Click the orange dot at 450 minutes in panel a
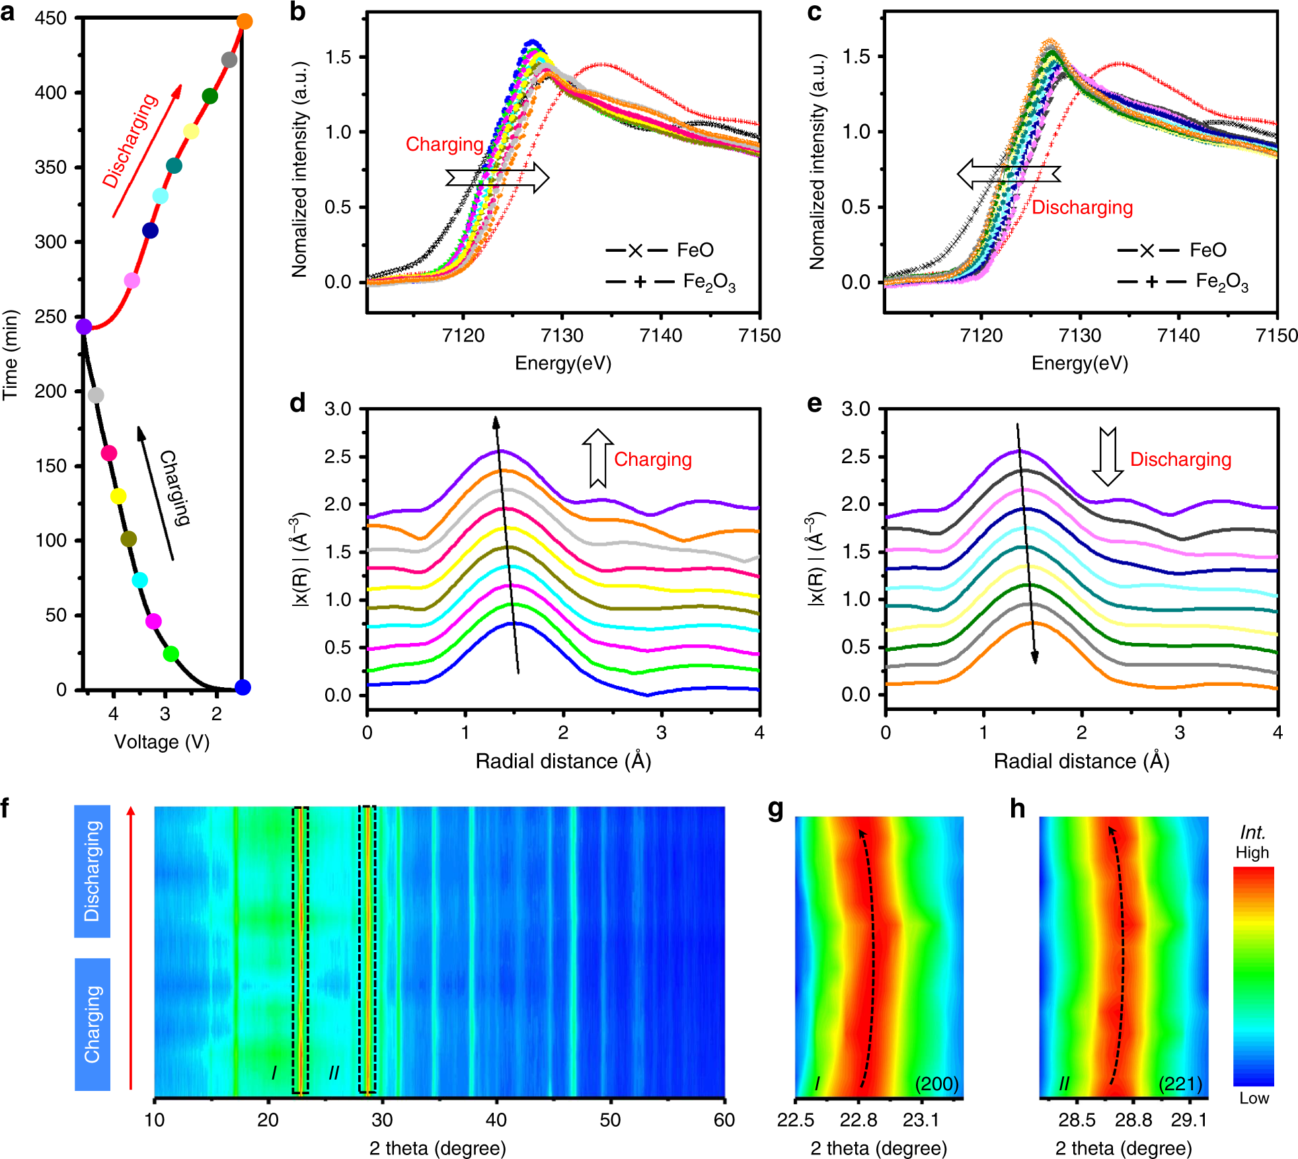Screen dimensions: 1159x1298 pos(245,22)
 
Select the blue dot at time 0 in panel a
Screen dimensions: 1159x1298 pos(243,687)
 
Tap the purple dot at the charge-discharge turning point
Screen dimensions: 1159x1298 pos(84,326)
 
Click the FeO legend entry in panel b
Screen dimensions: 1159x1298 pos(661,250)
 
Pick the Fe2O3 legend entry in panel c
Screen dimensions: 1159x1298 pos(1183,282)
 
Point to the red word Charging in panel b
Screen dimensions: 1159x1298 pos(444,144)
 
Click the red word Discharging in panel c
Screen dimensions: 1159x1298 pos(1082,207)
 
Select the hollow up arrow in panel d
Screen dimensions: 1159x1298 pos(597,458)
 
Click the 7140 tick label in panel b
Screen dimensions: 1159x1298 pos(661,336)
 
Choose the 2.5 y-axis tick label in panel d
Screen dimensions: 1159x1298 pos(338,457)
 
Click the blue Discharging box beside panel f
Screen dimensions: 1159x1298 pos(92,871)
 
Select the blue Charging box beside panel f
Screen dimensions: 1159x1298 pos(92,1024)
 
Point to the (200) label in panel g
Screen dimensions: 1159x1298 pos(936,1084)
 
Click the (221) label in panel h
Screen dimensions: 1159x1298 pos(1180,1084)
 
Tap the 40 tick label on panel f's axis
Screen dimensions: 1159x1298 pos(496,1120)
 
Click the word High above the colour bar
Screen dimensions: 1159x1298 pos(1252,852)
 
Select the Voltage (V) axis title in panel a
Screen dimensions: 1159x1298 pos(162,742)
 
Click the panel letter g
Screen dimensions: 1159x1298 pos(776,809)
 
